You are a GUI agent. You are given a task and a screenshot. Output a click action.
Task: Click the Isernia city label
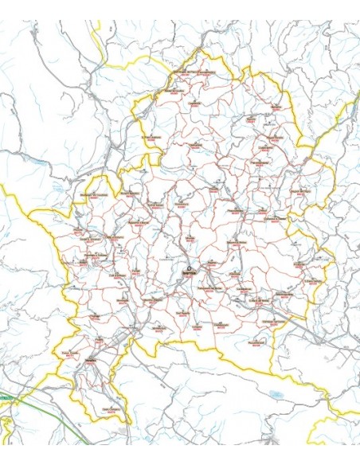click(189, 271)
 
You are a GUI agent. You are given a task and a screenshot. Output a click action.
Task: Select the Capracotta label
click(194, 101)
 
